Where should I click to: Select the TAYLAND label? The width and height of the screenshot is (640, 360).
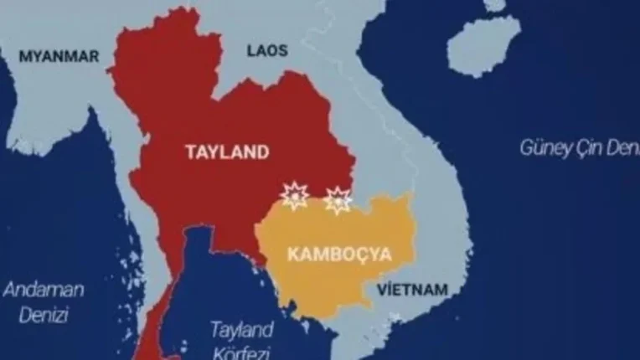(228, 152)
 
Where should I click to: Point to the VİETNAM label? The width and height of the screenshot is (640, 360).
(412, 291)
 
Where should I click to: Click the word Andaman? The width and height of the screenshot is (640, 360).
(44, 291)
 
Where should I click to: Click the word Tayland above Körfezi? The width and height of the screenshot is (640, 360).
(242, 327)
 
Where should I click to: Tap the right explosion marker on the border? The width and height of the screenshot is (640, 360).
(338, 199)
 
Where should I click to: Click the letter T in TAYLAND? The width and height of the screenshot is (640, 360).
(191, 152)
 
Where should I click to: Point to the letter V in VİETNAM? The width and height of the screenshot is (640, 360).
(383, 291)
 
